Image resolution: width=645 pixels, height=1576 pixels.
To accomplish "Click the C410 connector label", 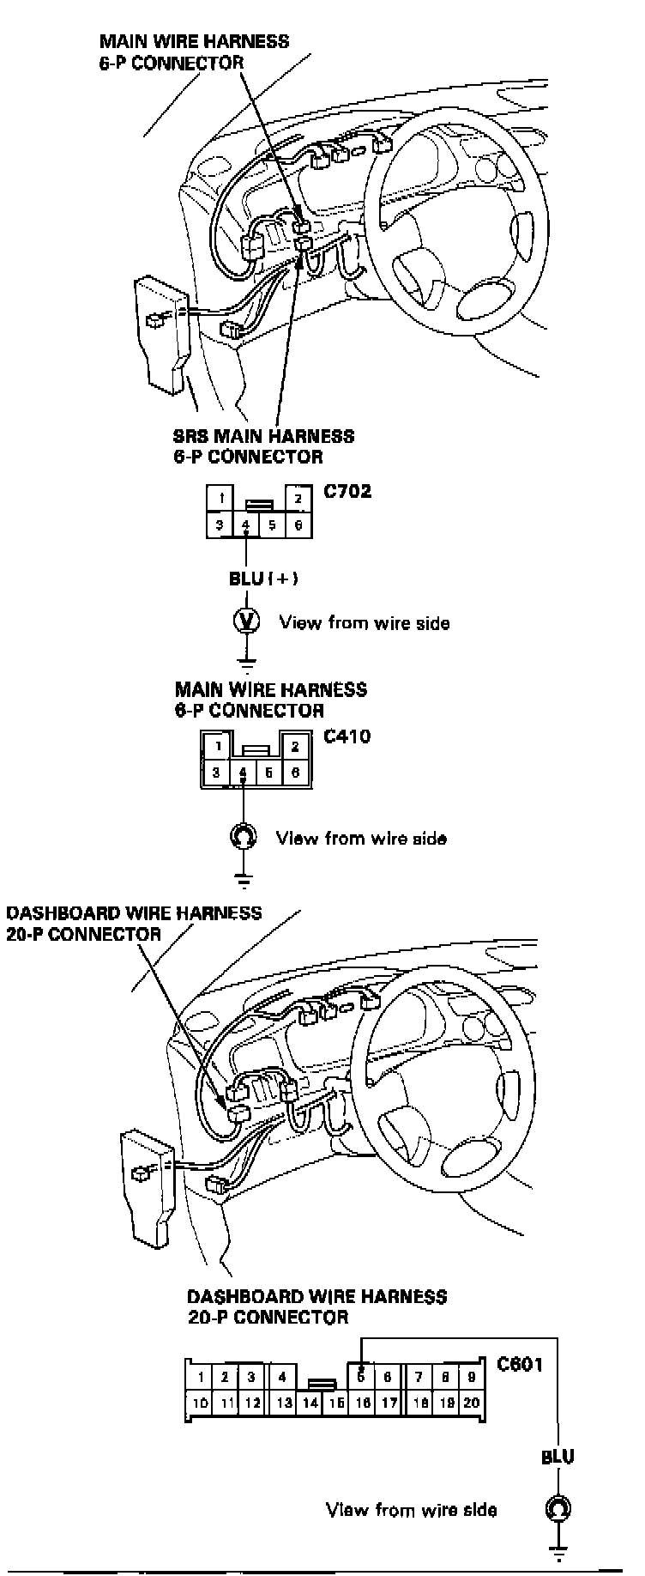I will [347, 736].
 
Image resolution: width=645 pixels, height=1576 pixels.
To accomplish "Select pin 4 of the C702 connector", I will [246, 525].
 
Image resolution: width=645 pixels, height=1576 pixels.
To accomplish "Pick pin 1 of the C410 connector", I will [220, 746].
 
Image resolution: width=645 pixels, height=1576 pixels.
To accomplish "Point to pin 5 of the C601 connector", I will [362, 1378].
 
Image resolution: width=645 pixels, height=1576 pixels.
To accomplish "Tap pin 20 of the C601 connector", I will [471, 1403].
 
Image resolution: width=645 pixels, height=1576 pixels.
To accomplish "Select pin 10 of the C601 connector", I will [200, 1403].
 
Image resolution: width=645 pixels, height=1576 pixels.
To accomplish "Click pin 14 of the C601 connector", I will [310, 1403].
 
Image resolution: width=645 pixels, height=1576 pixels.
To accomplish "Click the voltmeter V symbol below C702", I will [247, 621].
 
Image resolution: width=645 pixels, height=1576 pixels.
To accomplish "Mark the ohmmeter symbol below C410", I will [244, 835].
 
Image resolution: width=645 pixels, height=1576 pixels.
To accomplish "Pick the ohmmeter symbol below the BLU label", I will [558, 1508].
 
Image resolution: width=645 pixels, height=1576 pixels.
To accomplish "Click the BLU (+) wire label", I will [263, 579].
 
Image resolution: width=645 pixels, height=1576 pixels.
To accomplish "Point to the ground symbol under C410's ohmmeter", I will [244, 879].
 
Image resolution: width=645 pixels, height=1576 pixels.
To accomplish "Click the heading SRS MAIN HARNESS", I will [263, 436].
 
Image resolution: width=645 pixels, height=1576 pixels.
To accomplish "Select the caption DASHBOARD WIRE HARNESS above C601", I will [316, 1296].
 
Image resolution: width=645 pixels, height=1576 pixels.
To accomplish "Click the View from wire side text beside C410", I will [360, 838].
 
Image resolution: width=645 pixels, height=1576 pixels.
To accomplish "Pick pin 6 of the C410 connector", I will [295, 773].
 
